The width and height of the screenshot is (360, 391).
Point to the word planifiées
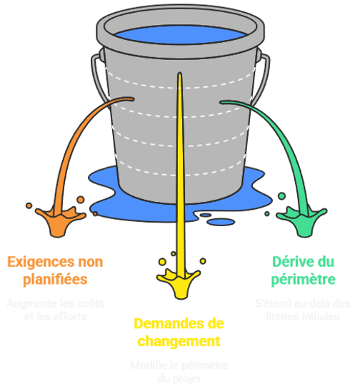(x=56, y=279)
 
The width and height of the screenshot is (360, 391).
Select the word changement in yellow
(x=177, y=341)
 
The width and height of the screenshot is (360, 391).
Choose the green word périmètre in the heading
(x=304, y=279)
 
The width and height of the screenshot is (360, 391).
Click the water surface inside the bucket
(x=179, y=34)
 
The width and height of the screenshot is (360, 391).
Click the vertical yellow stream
(x=180, y=178)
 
